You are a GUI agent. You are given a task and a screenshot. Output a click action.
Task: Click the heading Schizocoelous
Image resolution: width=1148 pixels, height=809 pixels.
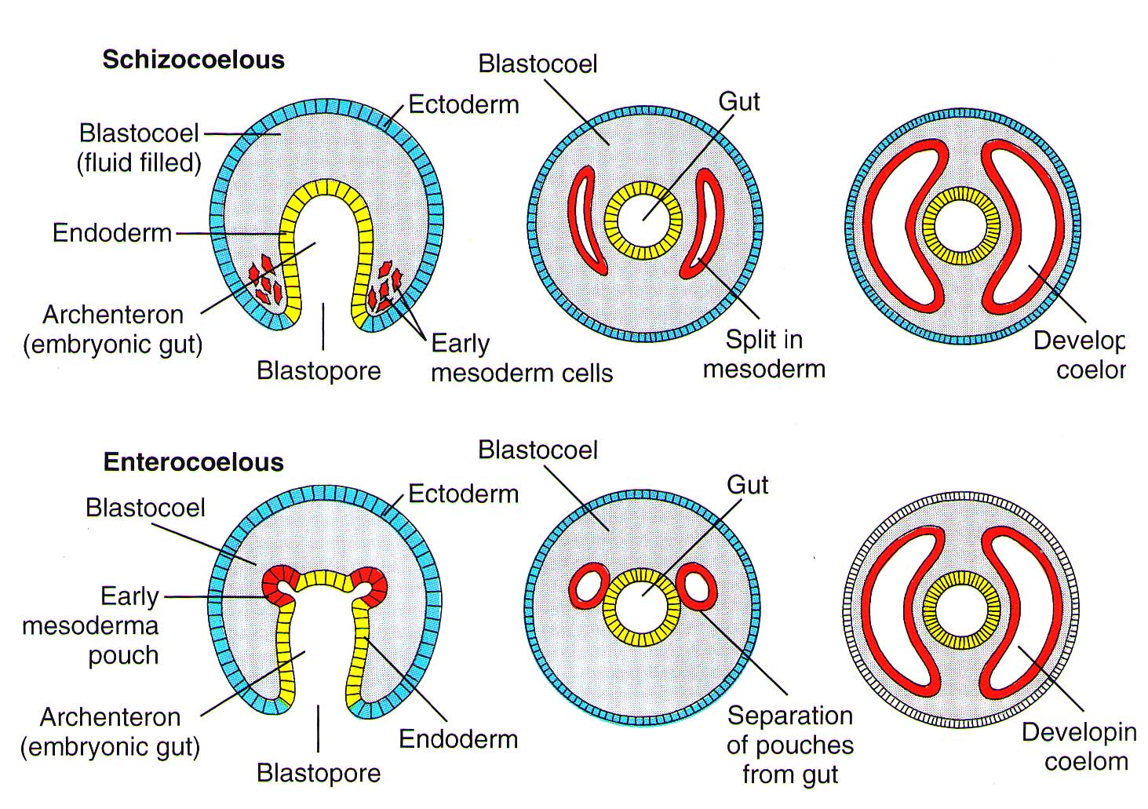pos(193,60)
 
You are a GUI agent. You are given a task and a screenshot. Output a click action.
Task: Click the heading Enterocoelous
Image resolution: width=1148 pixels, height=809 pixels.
pos(193,461)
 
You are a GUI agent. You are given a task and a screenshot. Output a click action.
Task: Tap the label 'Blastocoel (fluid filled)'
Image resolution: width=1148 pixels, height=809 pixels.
pos(139,148)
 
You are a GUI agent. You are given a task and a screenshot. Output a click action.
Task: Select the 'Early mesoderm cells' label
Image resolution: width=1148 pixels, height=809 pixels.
pos(521,358)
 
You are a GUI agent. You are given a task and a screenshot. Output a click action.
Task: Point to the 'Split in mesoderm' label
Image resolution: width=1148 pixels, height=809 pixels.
pos(764,354)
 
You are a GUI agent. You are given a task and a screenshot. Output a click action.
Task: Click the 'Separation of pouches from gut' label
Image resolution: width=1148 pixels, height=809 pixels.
pos(789,745)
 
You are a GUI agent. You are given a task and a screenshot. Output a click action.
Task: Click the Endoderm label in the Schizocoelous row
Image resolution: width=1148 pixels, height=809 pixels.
pos(112,233)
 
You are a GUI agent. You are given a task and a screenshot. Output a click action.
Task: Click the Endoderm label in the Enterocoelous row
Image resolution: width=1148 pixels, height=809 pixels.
pos(458,738)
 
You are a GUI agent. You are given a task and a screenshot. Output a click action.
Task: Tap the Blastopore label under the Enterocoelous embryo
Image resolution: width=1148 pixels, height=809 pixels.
pos(319,773)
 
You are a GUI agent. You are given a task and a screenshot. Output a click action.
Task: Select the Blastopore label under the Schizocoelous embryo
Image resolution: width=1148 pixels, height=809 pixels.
pos(319,370)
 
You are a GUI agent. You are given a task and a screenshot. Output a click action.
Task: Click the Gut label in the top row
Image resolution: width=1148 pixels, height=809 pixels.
pos(739,101)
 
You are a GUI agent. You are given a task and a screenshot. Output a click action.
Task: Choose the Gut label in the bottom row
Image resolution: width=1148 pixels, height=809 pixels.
pos(747,485)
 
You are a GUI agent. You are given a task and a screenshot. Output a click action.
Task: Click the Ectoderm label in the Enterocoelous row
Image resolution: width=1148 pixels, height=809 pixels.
pos(464,494)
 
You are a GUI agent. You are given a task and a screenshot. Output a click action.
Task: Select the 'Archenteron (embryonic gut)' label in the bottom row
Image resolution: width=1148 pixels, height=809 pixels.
pos(111,731)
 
